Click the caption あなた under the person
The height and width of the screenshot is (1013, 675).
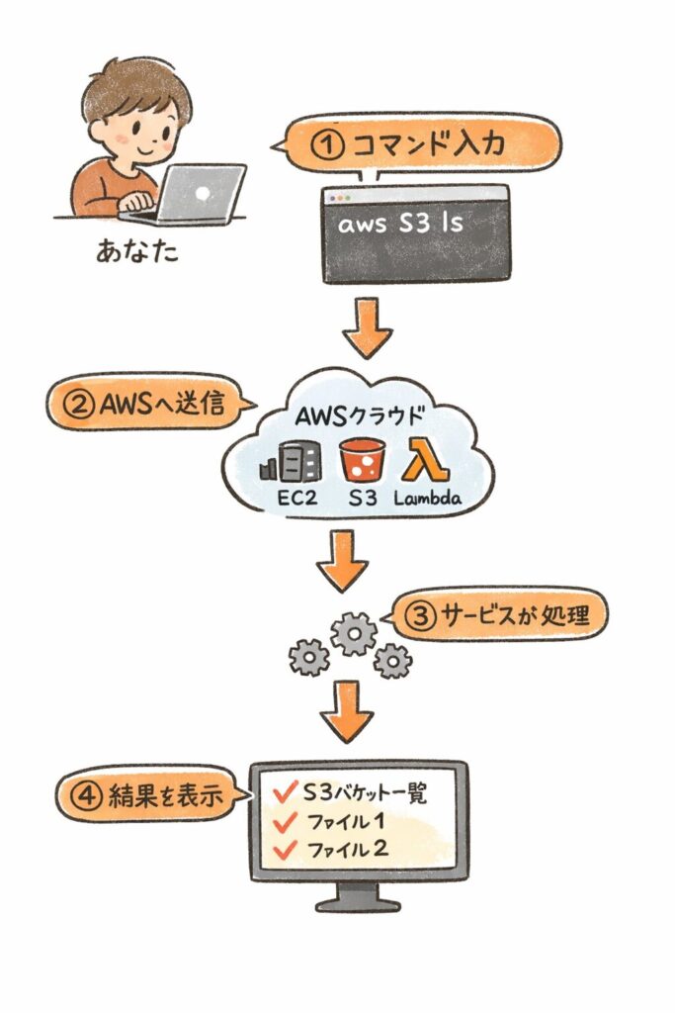[x=137, y=251]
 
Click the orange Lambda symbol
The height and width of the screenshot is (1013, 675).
[x=423, y=460]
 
